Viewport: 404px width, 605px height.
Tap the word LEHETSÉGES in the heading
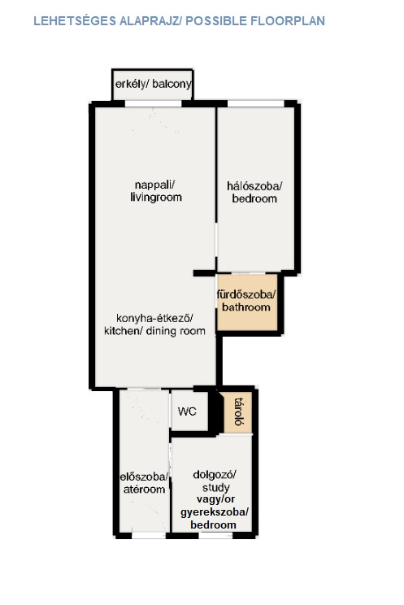pyautogui.click(x=75, y=21)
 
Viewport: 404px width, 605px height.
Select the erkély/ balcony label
pyautogui.click(x=153, y=84)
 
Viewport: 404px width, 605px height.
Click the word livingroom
pyautogui.click(x=156, y=197)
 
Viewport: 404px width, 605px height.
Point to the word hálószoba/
pyautogui.click(x=254, y=186)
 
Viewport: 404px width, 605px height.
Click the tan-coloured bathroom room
pyautogui.click(x=247, y=302)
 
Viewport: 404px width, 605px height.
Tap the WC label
pyautogui.click(x=187, y=411)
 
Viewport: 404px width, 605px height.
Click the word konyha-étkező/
pyautogui.click(x=154, y=318)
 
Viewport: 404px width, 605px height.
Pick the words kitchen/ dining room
pyautogui.click(x=154, y=331)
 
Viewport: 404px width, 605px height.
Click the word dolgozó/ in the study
pyautogui.click(x=215, y=475)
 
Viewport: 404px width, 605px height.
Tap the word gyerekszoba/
pyautogui.click(x=215, y=512)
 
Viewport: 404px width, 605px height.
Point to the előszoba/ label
pyautogui.click(x=144, y=477)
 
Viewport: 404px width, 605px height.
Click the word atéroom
pyautogui.click(x=144, y=490)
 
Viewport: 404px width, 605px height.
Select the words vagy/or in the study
pyautogui.click(x=215, y=499)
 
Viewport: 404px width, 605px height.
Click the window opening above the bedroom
pyautogui.click(x=256, y=103)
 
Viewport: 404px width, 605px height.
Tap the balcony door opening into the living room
pyautogui.click(x=153, y=103)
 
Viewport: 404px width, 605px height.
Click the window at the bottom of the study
pyautogui.click(x=216, y=536)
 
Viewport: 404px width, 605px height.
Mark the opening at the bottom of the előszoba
pyautogui.click(x=149, y=536)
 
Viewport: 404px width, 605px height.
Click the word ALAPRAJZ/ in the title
pyautogui.click(x=150, y=21)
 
